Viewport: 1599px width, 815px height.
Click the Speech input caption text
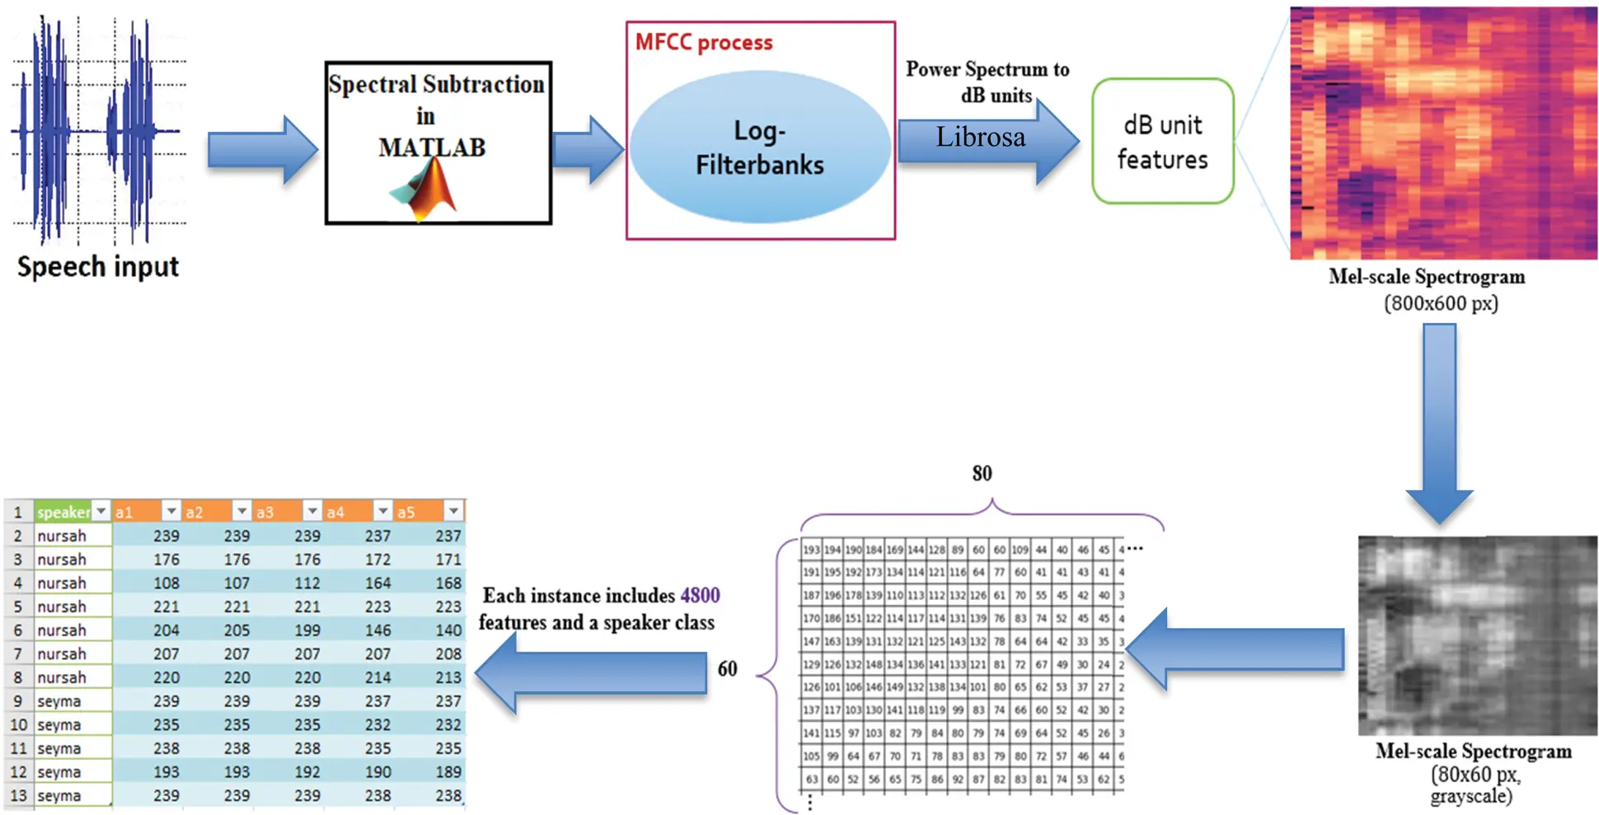(97, 266)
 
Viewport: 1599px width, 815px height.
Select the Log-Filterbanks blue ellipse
(759, 147)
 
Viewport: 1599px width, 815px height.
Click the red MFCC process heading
(703, 43)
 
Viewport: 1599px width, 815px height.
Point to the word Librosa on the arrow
(980, 137)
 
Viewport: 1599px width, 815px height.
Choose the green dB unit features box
(1162, 142)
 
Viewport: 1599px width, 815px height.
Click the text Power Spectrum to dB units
(987, 82)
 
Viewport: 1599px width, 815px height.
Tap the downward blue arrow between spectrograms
(1439, 420)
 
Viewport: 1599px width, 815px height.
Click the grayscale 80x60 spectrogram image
(1477, 635)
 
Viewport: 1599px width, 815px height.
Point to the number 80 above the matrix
(982, 474)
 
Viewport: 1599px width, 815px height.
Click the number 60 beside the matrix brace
(727, 668)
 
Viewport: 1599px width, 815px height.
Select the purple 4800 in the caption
(700, 595)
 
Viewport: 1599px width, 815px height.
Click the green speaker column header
(63, 512)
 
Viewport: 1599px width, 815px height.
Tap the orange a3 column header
(265, 512)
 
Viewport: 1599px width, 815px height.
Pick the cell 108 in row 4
(166, 583)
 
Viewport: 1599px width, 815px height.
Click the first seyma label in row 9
(59, 701)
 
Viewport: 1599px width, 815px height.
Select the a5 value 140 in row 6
(448, 630)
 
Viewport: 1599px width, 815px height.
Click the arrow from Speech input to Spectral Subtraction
(262, 149)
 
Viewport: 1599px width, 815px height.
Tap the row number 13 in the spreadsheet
(18, 796)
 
